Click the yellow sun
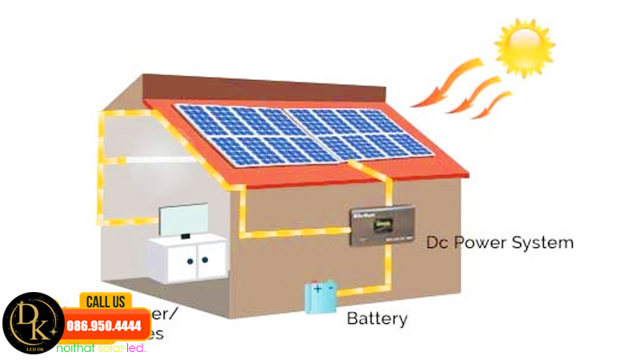tap(524, 46)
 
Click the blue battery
tap(322, 297)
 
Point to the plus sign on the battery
tap(318, 286)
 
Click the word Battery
tap(377, 318)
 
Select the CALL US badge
tap(105, 302)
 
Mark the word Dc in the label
tap(437, 242)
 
